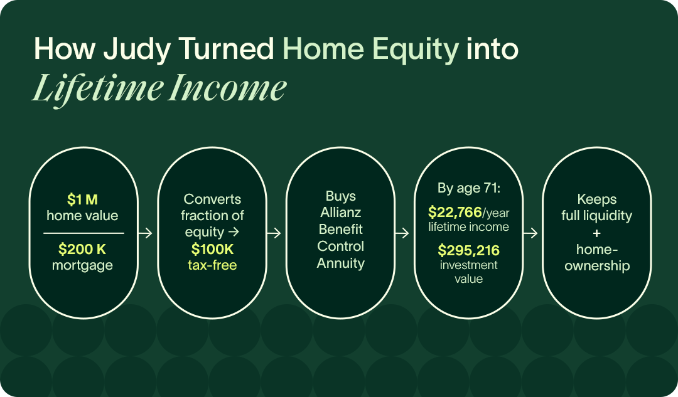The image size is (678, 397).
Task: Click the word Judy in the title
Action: pos(137,50)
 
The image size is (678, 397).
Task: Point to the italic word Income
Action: pos(227,88)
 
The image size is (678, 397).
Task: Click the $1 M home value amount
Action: pos(82,199)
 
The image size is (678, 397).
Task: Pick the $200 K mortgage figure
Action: pos(82,249)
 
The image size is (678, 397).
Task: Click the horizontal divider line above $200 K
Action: pos(83,233)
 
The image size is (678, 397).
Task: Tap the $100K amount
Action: pos(212,249)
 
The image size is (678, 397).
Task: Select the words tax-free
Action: pos(212,265)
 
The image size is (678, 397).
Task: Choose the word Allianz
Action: pos(341,212)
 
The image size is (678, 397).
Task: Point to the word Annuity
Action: pos(341,263)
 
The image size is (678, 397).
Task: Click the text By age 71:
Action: pos(469,188)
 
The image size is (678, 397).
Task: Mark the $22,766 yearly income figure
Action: pos(455,212)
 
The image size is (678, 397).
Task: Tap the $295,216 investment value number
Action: pos(469,250)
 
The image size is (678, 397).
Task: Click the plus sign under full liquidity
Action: pos(597,233)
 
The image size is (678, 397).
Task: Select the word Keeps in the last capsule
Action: pos(597,199)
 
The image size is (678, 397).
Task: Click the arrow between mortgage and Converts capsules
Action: pos(145,233)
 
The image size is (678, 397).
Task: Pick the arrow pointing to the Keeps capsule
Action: pos(530,233)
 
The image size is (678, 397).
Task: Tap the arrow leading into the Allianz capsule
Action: pos(274,233)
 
